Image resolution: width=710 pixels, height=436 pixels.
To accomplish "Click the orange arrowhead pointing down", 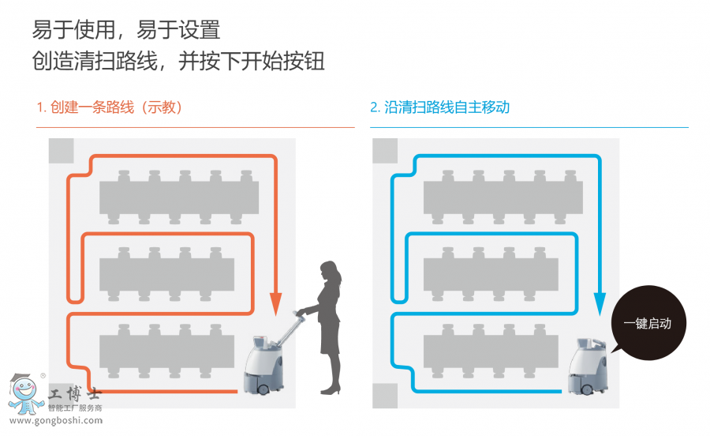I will (x=275, y=303).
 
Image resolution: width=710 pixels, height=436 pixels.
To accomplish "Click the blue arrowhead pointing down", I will (x=599, y=303).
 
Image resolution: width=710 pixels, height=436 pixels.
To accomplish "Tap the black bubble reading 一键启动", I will (x=647, y=322).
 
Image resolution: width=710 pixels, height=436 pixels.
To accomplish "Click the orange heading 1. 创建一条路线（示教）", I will (x=110, y=107).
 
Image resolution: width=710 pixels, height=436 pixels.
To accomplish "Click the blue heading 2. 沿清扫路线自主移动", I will (x=439, y=107).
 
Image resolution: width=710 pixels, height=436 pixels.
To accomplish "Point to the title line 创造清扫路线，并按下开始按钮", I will (x=178, y=62).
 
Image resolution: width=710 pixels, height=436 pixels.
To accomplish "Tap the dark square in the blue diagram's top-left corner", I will (x=385, y=150).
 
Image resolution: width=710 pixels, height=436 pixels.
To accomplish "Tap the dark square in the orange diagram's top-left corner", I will (x=61, y=150).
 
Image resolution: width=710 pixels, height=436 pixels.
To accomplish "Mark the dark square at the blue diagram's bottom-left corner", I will (x=385, y=395).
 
